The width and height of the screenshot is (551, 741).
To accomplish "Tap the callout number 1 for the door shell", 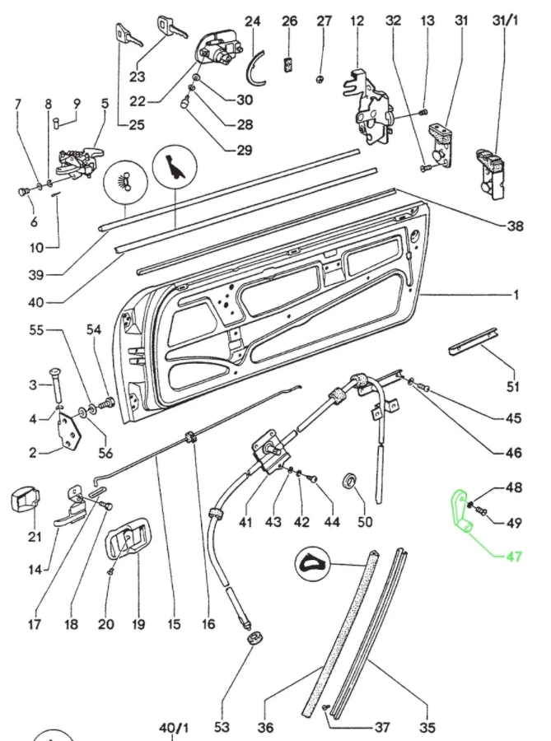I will click(x=516, y=295).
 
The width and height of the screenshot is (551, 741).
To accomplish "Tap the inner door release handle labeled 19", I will click(x=127, y=544).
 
